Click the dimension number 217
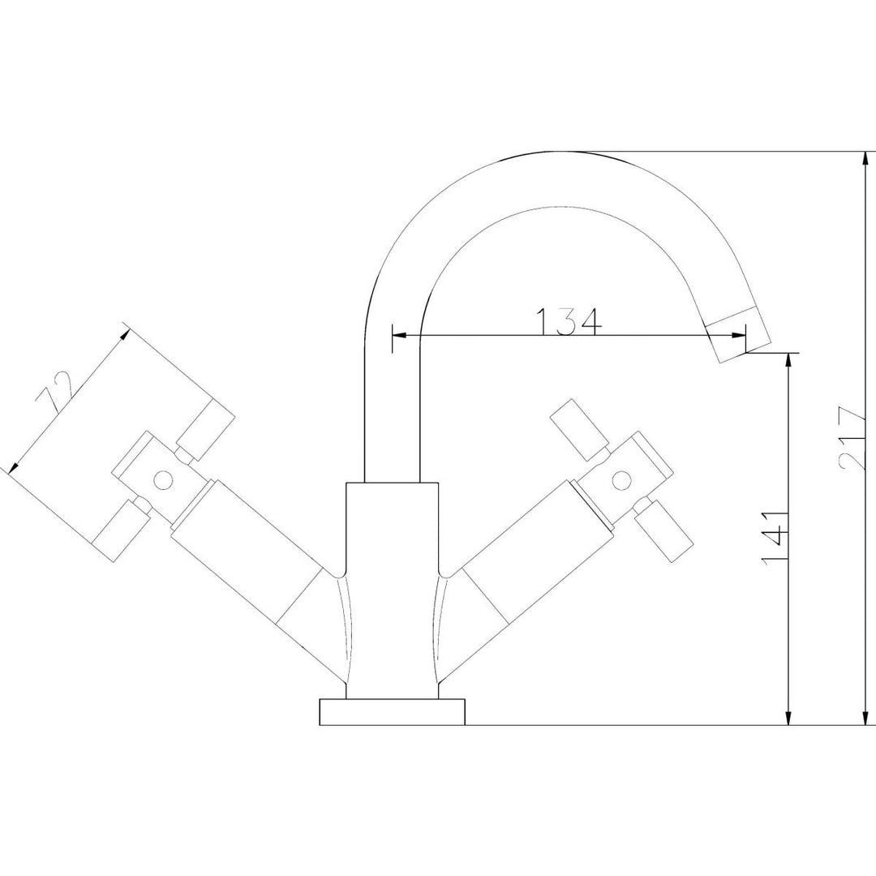point(851,438)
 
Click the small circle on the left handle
point(163,479)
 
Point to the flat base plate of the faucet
point(393,711)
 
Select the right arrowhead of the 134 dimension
point(739,335)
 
